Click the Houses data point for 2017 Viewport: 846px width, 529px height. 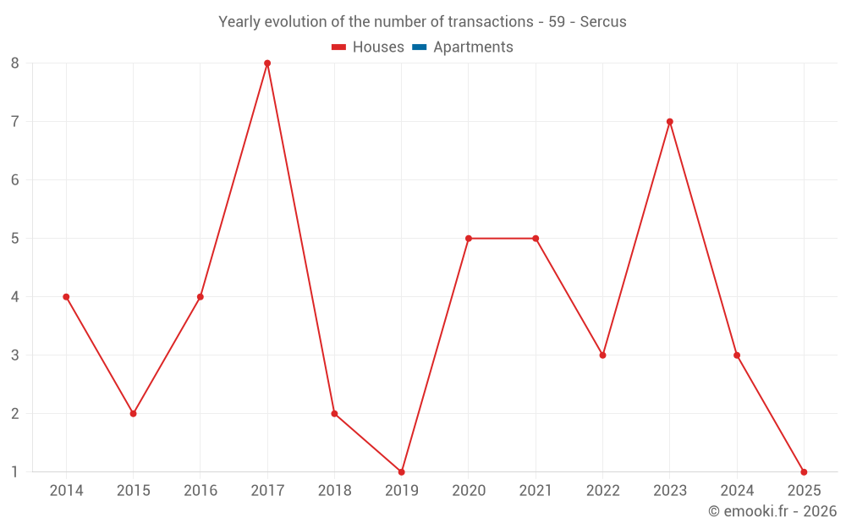tap(267, 63)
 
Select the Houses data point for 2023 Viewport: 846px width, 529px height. tap(669, 122)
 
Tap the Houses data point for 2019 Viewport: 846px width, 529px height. tap(401, 471)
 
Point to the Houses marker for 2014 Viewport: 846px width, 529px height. tap(66, 297)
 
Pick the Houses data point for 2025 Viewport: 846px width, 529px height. tap(804, 471)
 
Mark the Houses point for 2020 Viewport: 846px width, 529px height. tap(469, 239)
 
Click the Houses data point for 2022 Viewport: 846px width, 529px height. tap(602, 355)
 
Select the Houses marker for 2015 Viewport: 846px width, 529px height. tap(133, 414)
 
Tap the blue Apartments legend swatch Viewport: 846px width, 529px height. tap(419, 47)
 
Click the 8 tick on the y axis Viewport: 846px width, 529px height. tap(15, 63)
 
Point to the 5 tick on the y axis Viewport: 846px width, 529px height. tap(15, 239)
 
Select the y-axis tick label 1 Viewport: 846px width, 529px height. tap(15, 472)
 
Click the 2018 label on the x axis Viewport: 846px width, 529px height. tap(334, 491)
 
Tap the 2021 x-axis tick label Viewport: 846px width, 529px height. tap(536, 491)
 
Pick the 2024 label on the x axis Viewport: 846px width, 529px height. tap(737, 491)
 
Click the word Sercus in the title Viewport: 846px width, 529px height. tap(603, 22)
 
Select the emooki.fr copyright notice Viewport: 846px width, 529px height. tap(772, 511)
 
